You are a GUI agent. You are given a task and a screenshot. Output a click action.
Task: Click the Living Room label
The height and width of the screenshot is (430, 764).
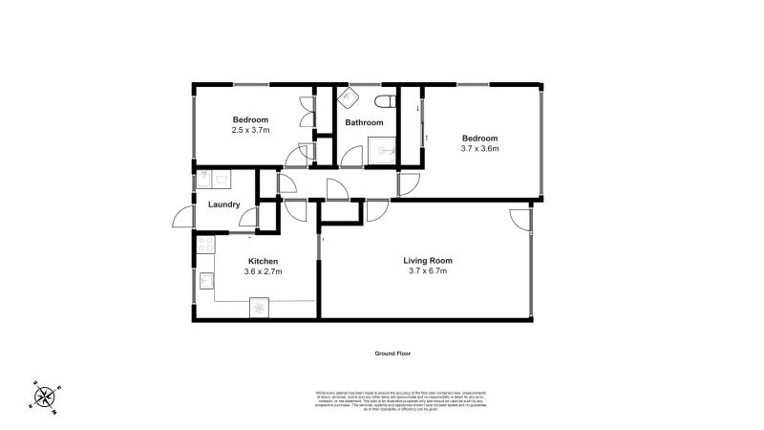(427, 260)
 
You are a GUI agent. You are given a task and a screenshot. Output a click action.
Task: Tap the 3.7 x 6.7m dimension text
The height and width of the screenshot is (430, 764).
(427, 271)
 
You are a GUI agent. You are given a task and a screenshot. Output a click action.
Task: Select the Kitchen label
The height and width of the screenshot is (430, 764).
(263, 261)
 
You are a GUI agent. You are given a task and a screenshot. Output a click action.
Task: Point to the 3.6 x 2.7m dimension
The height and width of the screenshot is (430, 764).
(263, 272)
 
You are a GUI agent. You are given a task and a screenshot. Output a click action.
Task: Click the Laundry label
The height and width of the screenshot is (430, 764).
(223, 204)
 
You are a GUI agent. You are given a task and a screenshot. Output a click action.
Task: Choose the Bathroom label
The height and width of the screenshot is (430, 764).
(364, 122)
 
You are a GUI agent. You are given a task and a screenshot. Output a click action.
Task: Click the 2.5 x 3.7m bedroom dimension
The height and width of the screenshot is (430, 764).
(250, 130)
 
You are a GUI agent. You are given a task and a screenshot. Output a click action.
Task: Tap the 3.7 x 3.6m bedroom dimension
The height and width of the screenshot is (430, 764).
(480, 148)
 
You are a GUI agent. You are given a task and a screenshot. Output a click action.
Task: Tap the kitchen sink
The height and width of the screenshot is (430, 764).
(206, 280)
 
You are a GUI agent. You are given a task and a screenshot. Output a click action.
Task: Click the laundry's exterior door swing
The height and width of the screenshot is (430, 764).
(182, 219)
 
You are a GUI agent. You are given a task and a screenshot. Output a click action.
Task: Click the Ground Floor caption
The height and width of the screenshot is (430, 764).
(392, 353)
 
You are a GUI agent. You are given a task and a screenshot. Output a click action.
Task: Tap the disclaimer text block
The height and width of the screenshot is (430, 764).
(400, 400)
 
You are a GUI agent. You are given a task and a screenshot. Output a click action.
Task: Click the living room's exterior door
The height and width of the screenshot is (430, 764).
(520, 219)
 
